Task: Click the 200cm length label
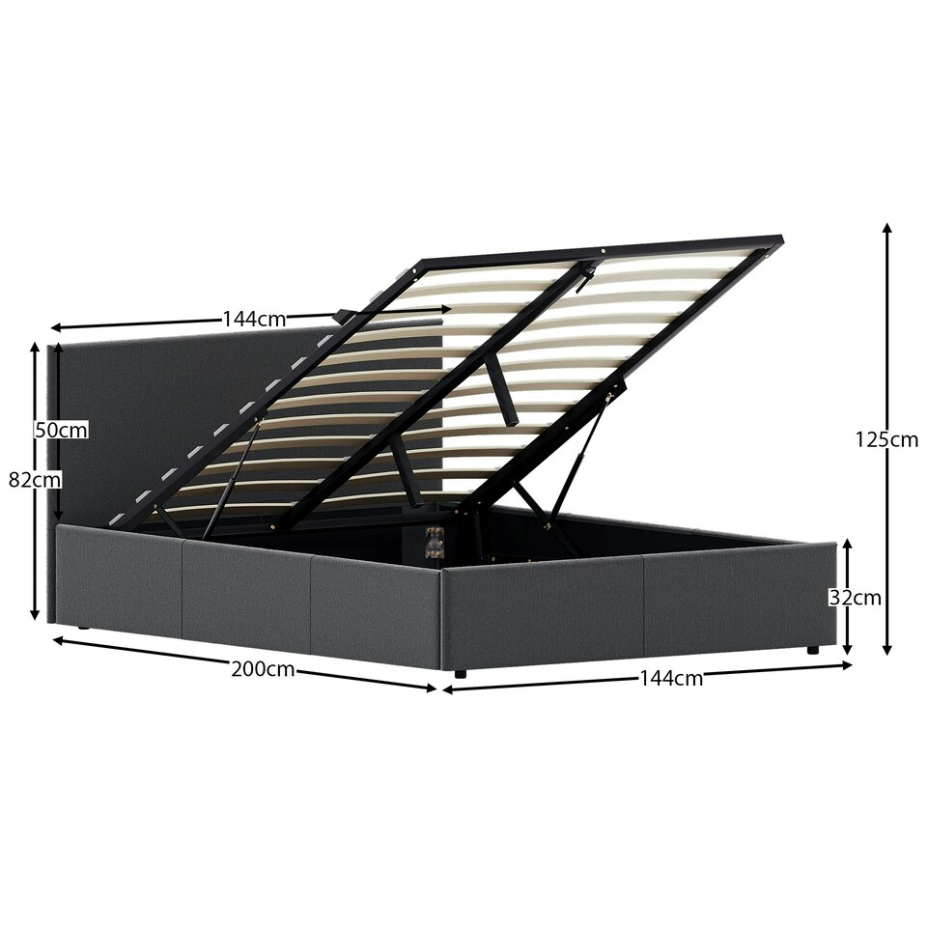point(263,669)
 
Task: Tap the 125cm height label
point(886,439)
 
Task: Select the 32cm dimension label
point(855,598)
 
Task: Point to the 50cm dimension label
point(61,430)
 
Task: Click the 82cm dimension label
point(35,480)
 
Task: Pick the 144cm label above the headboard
point(254,320)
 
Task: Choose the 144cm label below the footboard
point(671,678)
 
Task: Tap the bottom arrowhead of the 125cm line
point(886,649)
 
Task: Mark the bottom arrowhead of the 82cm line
point(35,614)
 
